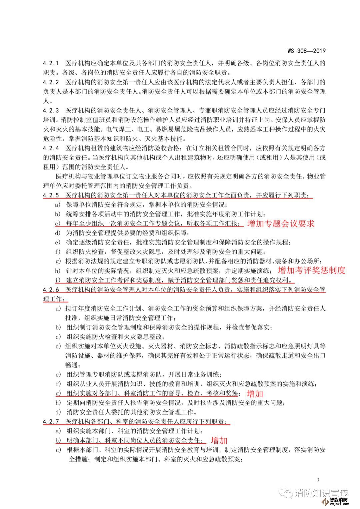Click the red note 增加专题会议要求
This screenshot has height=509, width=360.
point(281,224)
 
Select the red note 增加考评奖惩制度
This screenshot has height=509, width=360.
point(311,270)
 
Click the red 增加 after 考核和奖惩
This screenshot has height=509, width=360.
point(255,394)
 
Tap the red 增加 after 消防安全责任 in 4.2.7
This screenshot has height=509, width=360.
point(219,440)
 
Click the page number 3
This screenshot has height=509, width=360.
point(318,480)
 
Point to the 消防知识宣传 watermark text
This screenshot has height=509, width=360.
point(322,493)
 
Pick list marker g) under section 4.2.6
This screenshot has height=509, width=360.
point(58,393)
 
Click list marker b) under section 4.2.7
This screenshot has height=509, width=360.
point(58,440)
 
